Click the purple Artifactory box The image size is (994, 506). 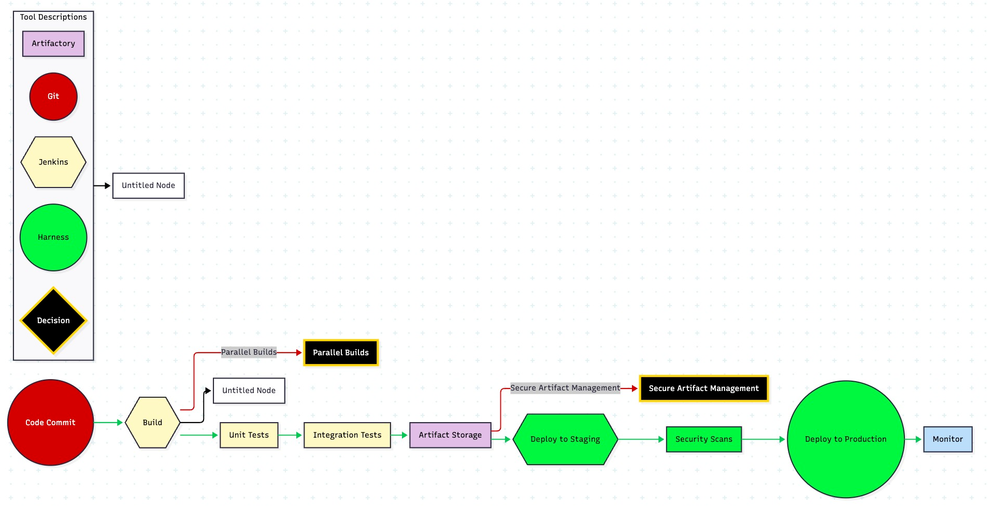pos(53,44)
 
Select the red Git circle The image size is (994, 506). pos(53,96)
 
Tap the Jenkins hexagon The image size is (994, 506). pos(53,162)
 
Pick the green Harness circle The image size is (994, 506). pos(53,237)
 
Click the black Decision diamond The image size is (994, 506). pos(53,321)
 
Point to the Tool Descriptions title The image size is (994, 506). pos(53,17)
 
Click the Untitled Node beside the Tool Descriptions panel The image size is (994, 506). pos(148,185)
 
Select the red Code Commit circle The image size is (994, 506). pos(50,423)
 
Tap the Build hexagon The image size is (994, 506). pos(153,423)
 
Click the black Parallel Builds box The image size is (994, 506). pos(341,353)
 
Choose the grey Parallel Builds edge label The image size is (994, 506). pos(249,352)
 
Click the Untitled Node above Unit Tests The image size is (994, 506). pos(249,391)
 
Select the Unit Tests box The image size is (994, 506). pos(249,435)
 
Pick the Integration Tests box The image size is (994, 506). pos(347,435)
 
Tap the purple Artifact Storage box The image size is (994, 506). pos(450,435)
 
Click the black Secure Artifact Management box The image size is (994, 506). pos(703,388)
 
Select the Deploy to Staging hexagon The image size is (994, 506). pos(565,439)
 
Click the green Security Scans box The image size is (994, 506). pos(703,439)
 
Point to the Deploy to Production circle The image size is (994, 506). pos(845,439)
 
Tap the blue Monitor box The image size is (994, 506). pos(947,439)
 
